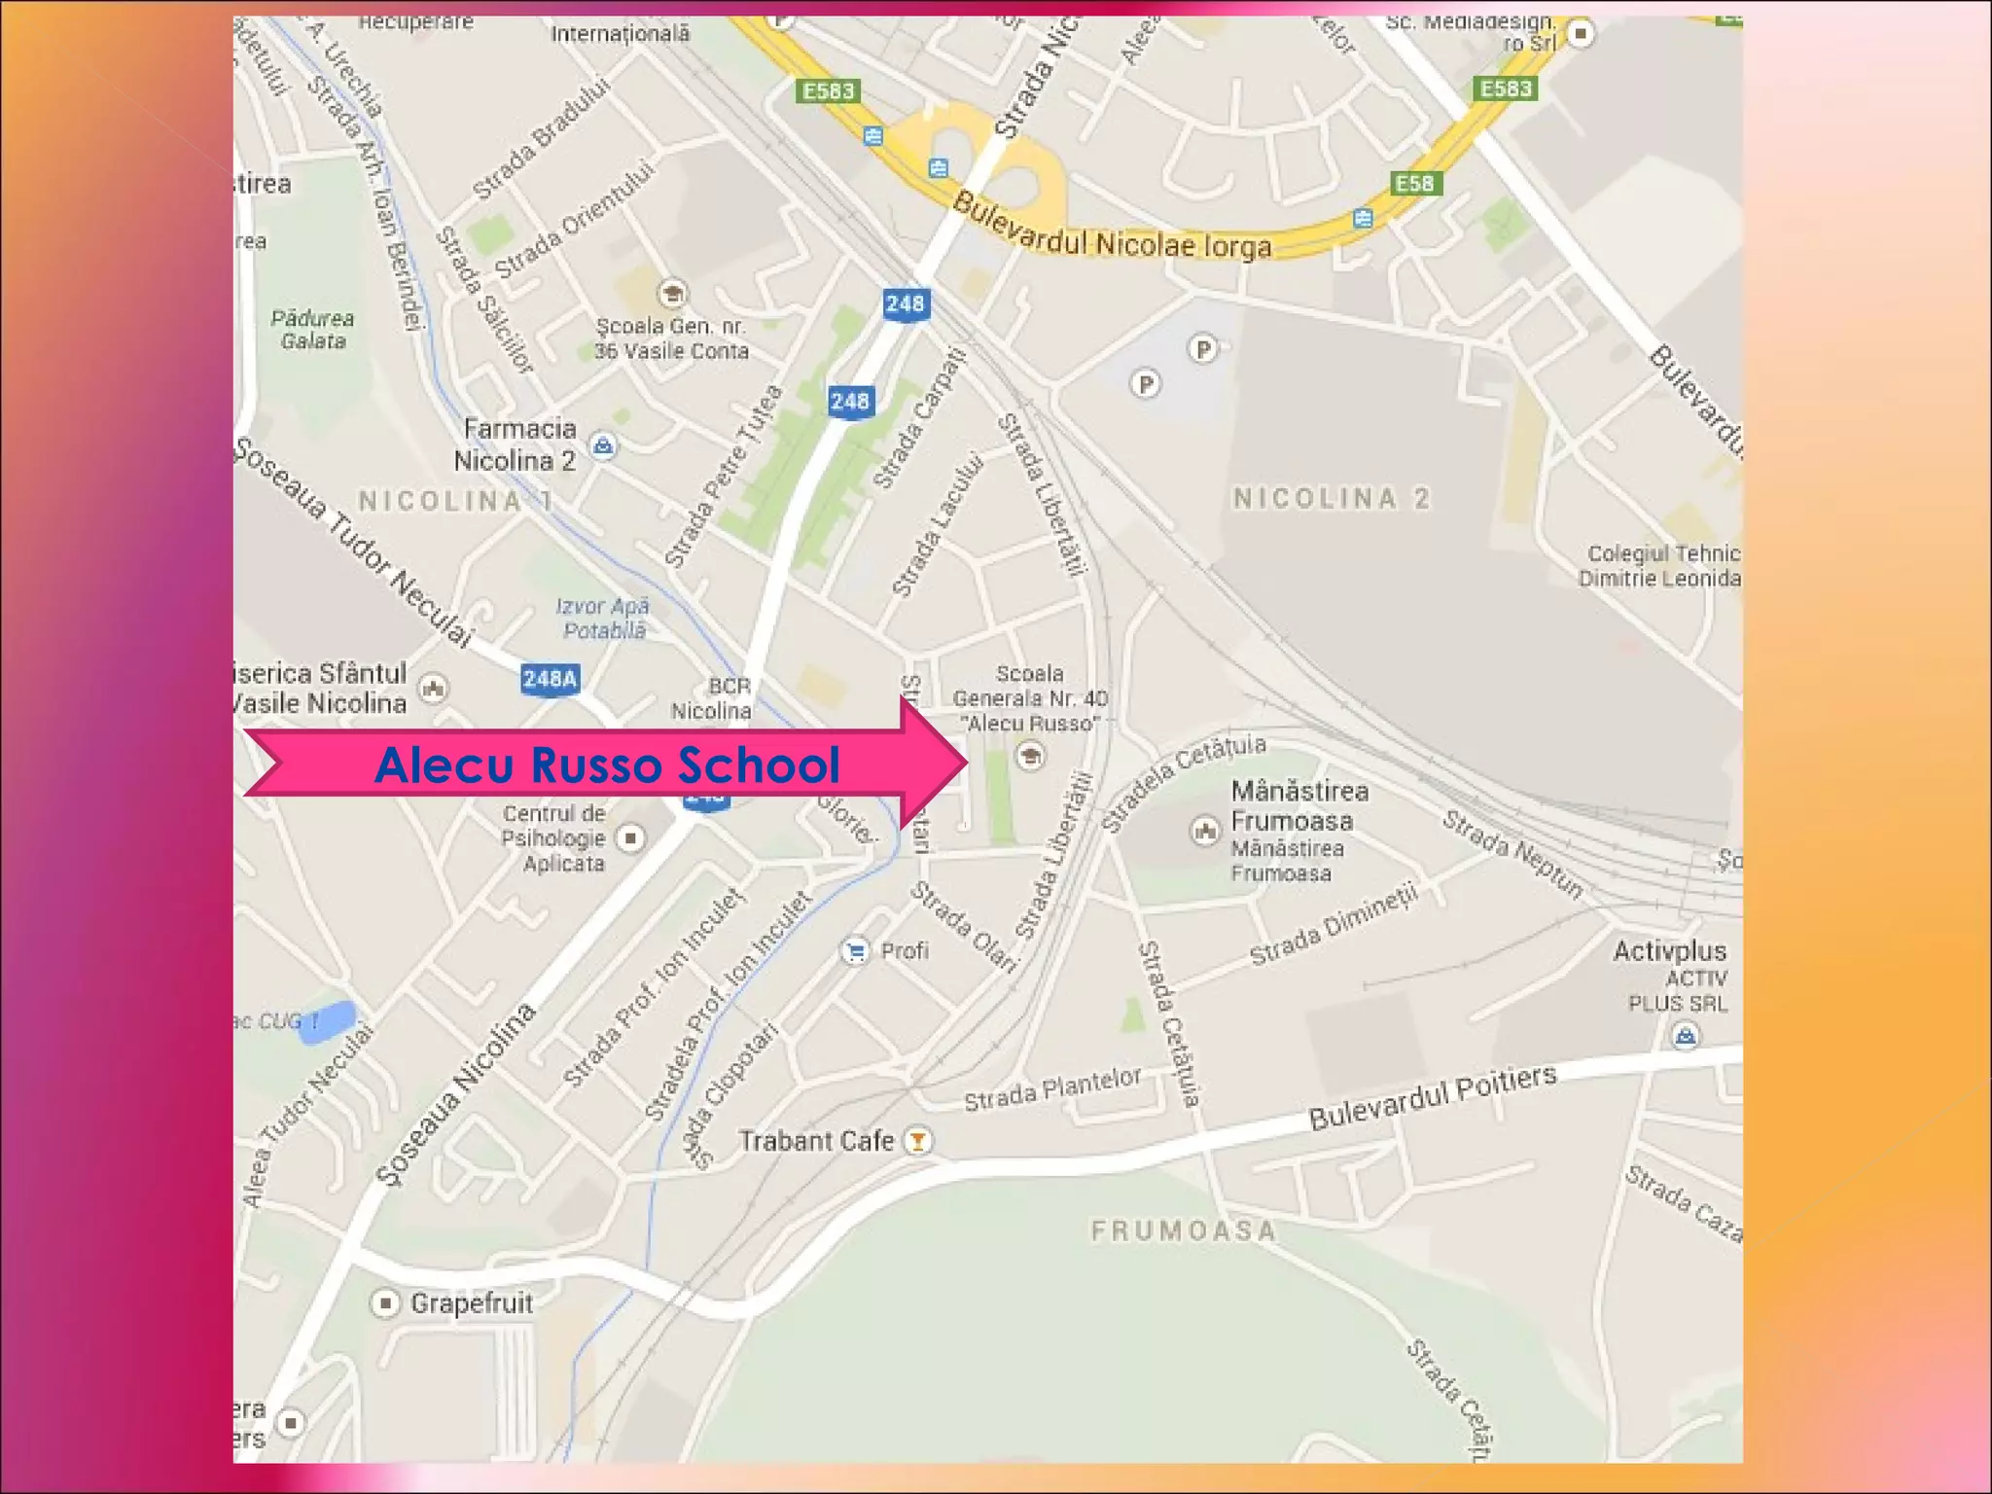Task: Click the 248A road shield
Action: click(x=551, y=678)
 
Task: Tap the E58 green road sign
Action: click(x=1414, y=183)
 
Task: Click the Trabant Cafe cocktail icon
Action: click(x=917, y=1140)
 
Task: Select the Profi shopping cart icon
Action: click(x=855, y=950)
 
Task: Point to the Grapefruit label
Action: click(x=472, y=1302)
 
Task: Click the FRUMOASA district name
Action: click(x=1183, y=1230)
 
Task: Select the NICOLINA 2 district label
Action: click(x=1332, y=498)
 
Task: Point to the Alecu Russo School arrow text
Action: click(x=607, y=765)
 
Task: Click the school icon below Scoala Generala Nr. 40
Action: click(x=1030, y=754)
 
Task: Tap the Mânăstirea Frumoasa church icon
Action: click(x=1205, y=830)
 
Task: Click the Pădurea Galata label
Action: click(x=312, y=329)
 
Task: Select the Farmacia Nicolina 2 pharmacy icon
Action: click(x=603, y=445)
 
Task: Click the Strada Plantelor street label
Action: click(x=1051, y=1088)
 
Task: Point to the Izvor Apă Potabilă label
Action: click(x=603, y=618)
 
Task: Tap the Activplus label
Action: click(x=1669, y=950)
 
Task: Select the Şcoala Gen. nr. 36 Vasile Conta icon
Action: click(x=671, y=292)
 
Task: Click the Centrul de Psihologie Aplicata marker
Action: click(x=631, y=837)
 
